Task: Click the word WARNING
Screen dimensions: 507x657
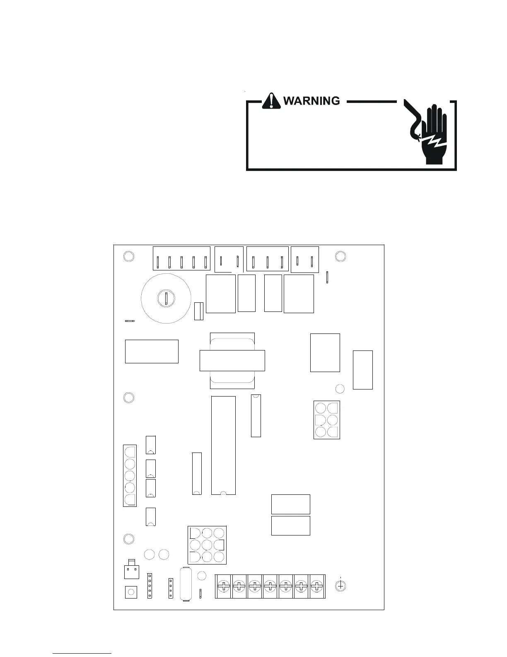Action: [x=311, y=101]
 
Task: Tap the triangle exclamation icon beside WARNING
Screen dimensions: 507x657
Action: [x=271, y=101]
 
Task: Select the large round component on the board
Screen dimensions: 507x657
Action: [x=166, y=298]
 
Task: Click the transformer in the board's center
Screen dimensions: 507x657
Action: [x=232, y=360]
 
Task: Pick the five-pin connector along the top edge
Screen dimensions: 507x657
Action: [x=182, y=259]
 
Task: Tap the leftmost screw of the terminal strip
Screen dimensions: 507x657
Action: [x=224, y=586]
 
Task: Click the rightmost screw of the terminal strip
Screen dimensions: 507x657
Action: [x=317, y=586]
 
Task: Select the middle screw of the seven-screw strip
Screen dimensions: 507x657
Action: [x=270, y=586]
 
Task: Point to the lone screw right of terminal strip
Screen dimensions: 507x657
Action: [x=340, y=586]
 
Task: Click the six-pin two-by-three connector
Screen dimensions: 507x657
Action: [x=327, y=420]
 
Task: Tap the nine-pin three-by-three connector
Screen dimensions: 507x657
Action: [x=207, y=545]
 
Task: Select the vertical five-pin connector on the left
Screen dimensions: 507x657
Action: [x=130, y=475]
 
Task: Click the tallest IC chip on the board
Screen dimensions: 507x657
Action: [x=223, y=445]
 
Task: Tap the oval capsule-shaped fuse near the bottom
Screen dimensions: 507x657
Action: [x=185, y=584]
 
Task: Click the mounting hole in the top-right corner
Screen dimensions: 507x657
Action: [x=340, y=256]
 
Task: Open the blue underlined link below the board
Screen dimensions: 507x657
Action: [x=82, y=653]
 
